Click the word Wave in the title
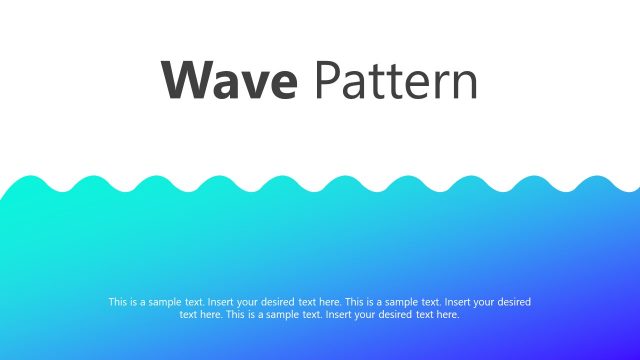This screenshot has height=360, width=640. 229,81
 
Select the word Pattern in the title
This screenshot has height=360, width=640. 396,81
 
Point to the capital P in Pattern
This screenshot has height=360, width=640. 327,81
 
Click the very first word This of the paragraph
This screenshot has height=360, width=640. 118,301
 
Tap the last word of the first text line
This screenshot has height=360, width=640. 514,301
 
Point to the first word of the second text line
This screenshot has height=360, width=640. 188,314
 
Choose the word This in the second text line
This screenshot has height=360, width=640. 236,314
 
